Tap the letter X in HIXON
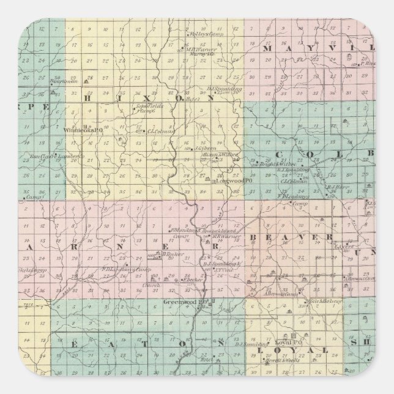(x=133, y=97)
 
